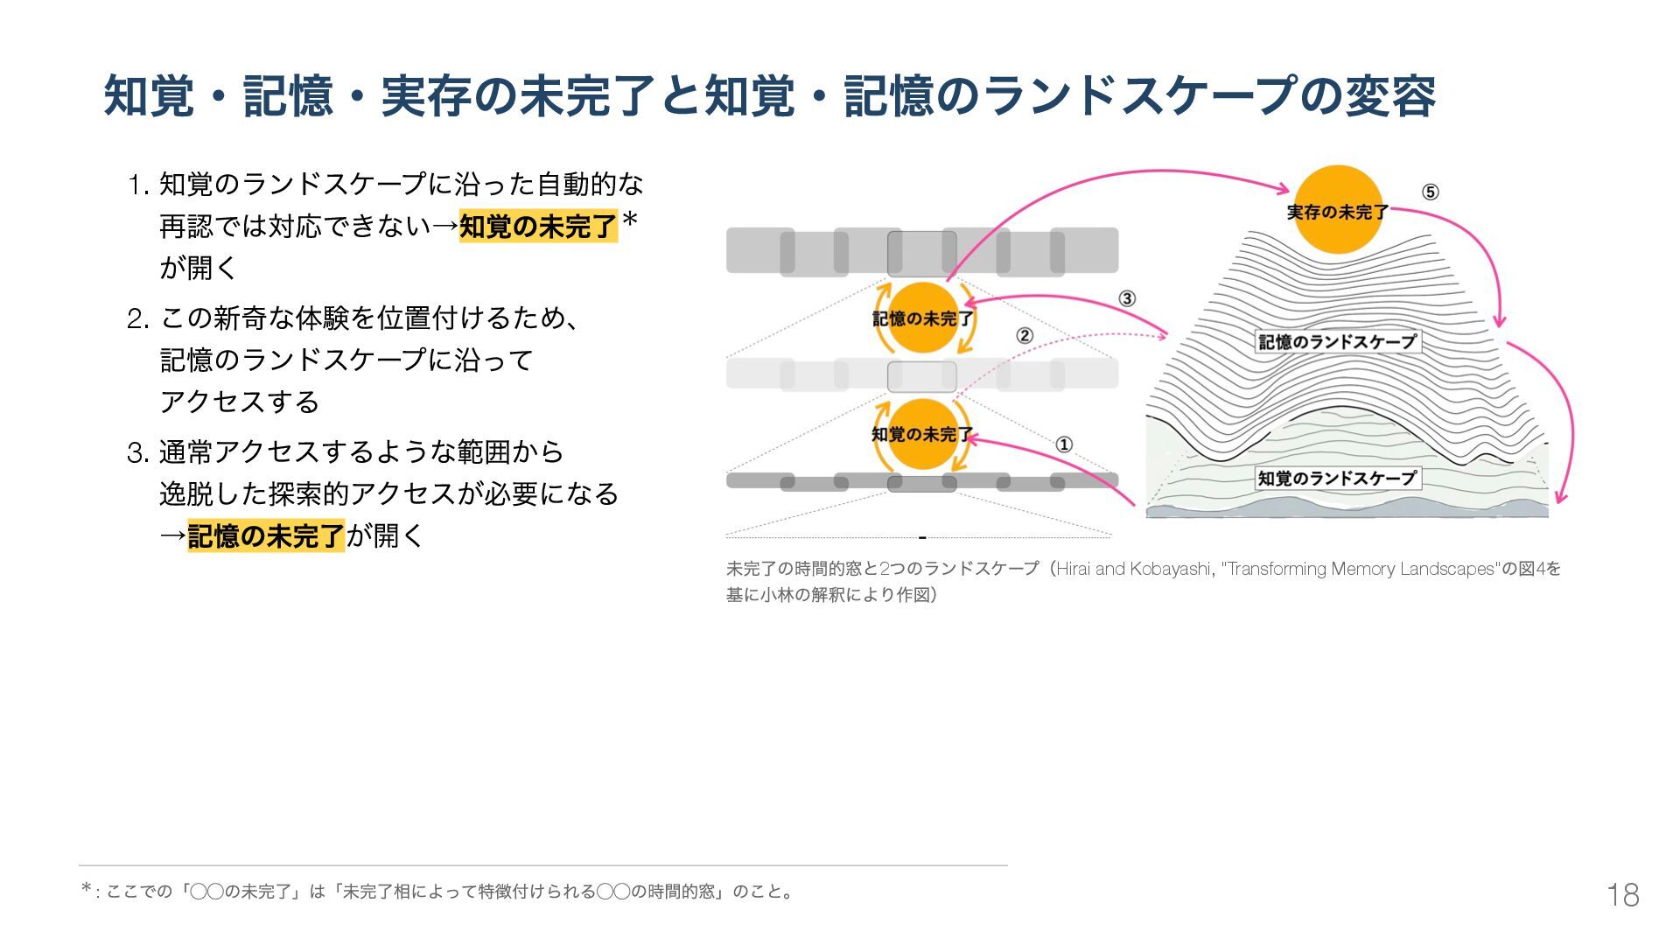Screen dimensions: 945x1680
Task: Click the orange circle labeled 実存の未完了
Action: coord(1337,210)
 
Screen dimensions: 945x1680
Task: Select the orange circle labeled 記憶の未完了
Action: coord(922,318)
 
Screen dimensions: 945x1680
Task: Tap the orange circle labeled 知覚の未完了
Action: coord(922,434)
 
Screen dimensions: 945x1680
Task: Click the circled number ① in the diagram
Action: coord(1064,444)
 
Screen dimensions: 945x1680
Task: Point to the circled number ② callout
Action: coord(1025,335)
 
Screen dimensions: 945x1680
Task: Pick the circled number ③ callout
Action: coord(1127,298)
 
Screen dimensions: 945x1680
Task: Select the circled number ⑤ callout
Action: coord(1430,192)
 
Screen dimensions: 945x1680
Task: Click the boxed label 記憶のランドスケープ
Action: coord(1337,342)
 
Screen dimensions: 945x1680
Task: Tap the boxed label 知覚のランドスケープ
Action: coord(1337,479)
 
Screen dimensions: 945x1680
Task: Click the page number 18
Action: coord(1622,894)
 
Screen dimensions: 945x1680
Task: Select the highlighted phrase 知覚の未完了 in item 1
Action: coord(538,227)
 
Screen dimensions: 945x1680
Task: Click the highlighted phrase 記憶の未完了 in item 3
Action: coord(266,535)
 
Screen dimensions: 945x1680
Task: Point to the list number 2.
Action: coord(137,319)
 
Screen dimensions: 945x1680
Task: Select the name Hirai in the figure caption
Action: coord(1074,570)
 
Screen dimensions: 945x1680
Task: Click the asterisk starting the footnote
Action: coord(86,890)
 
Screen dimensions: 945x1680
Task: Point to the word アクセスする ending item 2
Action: coord(240,402)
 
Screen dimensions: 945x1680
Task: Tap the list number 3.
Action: coord(137,453)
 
